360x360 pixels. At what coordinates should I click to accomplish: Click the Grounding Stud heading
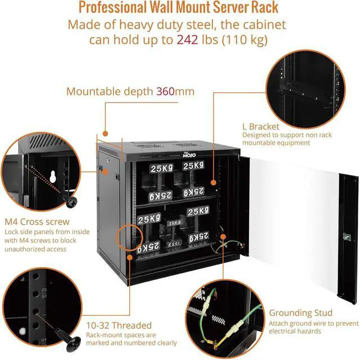[300, 313]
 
